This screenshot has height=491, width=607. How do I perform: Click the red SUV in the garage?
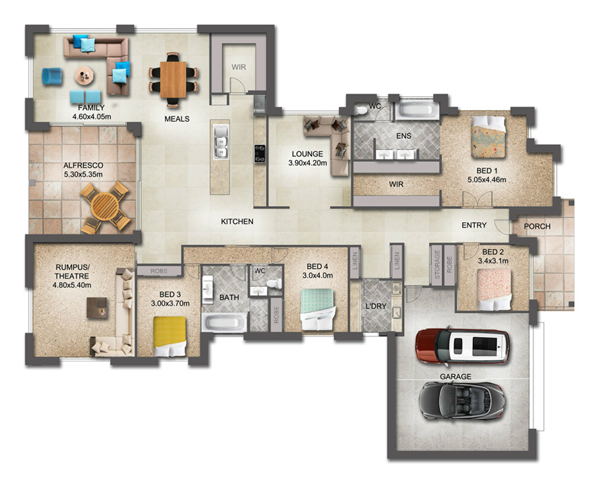tap(463, 346)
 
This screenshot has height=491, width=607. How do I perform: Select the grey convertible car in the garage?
tap(462, 400)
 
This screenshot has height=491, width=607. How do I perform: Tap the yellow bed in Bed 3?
tap(170, 336)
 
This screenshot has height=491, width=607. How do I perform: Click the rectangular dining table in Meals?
tap(173, 80)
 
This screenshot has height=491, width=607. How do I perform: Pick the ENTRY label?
tap(474, 225)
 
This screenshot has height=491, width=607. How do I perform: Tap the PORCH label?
tap(537, 226)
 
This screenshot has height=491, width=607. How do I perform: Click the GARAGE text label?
tap(455, 376)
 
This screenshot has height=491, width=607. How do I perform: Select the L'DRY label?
tap(376, 306)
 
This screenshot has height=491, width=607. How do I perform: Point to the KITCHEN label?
tap(237, 221)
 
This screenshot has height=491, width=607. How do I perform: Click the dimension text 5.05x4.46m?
tap(487, 179)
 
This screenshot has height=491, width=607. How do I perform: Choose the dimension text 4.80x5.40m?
tap(72, 285)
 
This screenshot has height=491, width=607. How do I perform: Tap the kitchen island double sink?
tap(221, 142)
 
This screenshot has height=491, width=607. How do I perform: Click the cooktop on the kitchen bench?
tap(259, 153)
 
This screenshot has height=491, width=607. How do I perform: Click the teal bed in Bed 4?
tap(317, 309)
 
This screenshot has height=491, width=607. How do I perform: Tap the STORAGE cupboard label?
tap(437, 265)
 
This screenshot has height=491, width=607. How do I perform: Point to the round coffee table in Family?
tap(84, 76)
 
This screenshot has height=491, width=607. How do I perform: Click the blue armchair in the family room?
tap(52, 76)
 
